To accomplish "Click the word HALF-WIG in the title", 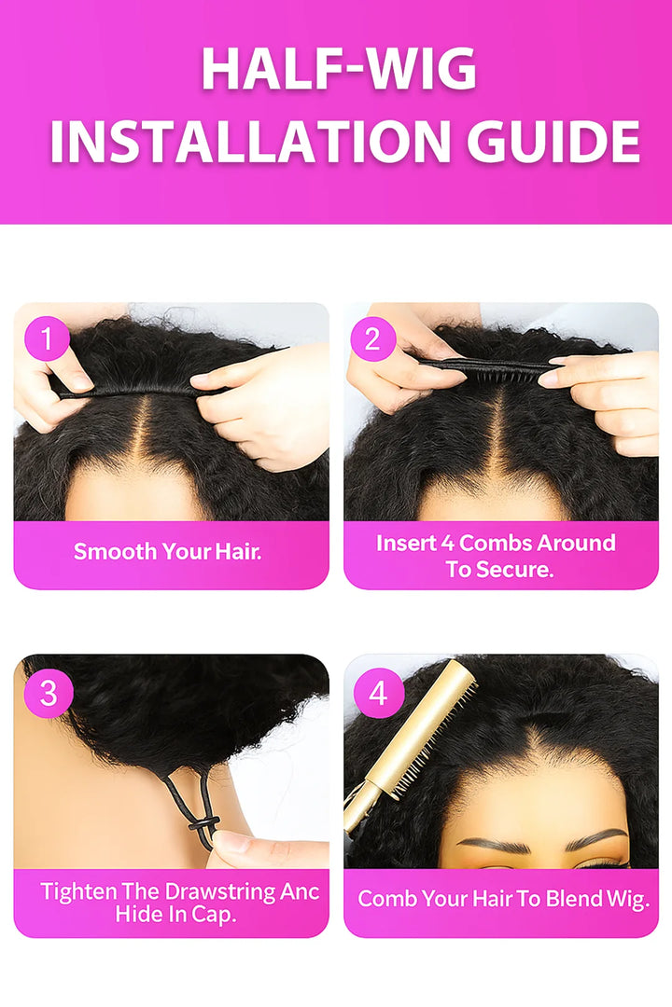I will pos(338,70).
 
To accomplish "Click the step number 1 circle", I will pos(46,339).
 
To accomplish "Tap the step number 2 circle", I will pos(372,339).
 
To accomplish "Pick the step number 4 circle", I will pos(376,694).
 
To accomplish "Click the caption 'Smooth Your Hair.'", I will pos(168,551).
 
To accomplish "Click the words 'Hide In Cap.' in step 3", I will pos(175,915).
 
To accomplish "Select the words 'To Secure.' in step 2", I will pos(499,569).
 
